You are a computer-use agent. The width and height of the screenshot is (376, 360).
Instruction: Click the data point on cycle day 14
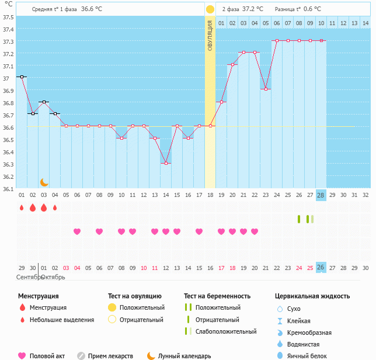(166, 163)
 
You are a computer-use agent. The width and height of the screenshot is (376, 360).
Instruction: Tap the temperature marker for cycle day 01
(22, 77)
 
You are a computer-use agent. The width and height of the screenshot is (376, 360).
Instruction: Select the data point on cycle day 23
(266, 89)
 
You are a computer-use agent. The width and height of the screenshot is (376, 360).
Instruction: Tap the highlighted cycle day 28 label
(321, 195)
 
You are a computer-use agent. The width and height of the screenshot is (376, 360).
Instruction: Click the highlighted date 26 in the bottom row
(321, 267)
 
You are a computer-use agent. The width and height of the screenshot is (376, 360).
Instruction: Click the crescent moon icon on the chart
(44, 182)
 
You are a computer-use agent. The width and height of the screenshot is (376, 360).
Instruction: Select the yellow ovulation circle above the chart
(210, 9)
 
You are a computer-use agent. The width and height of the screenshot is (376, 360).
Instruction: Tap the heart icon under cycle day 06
(77, 231)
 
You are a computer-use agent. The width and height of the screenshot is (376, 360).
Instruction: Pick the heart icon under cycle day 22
(255, 231)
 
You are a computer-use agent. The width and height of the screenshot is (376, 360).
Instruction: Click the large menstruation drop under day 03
(44, 207)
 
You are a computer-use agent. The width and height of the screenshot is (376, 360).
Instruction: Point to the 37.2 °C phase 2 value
(252, 9)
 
